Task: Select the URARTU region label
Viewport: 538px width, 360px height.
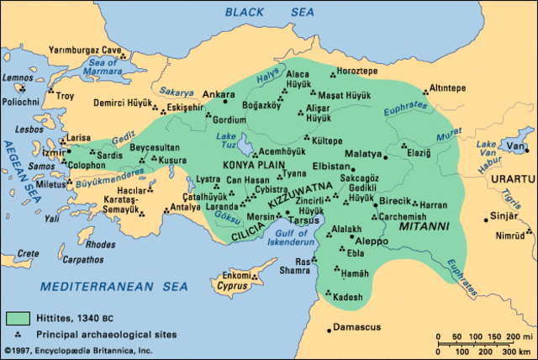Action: (514, 180)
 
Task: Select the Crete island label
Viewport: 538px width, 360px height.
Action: (29, 253)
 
